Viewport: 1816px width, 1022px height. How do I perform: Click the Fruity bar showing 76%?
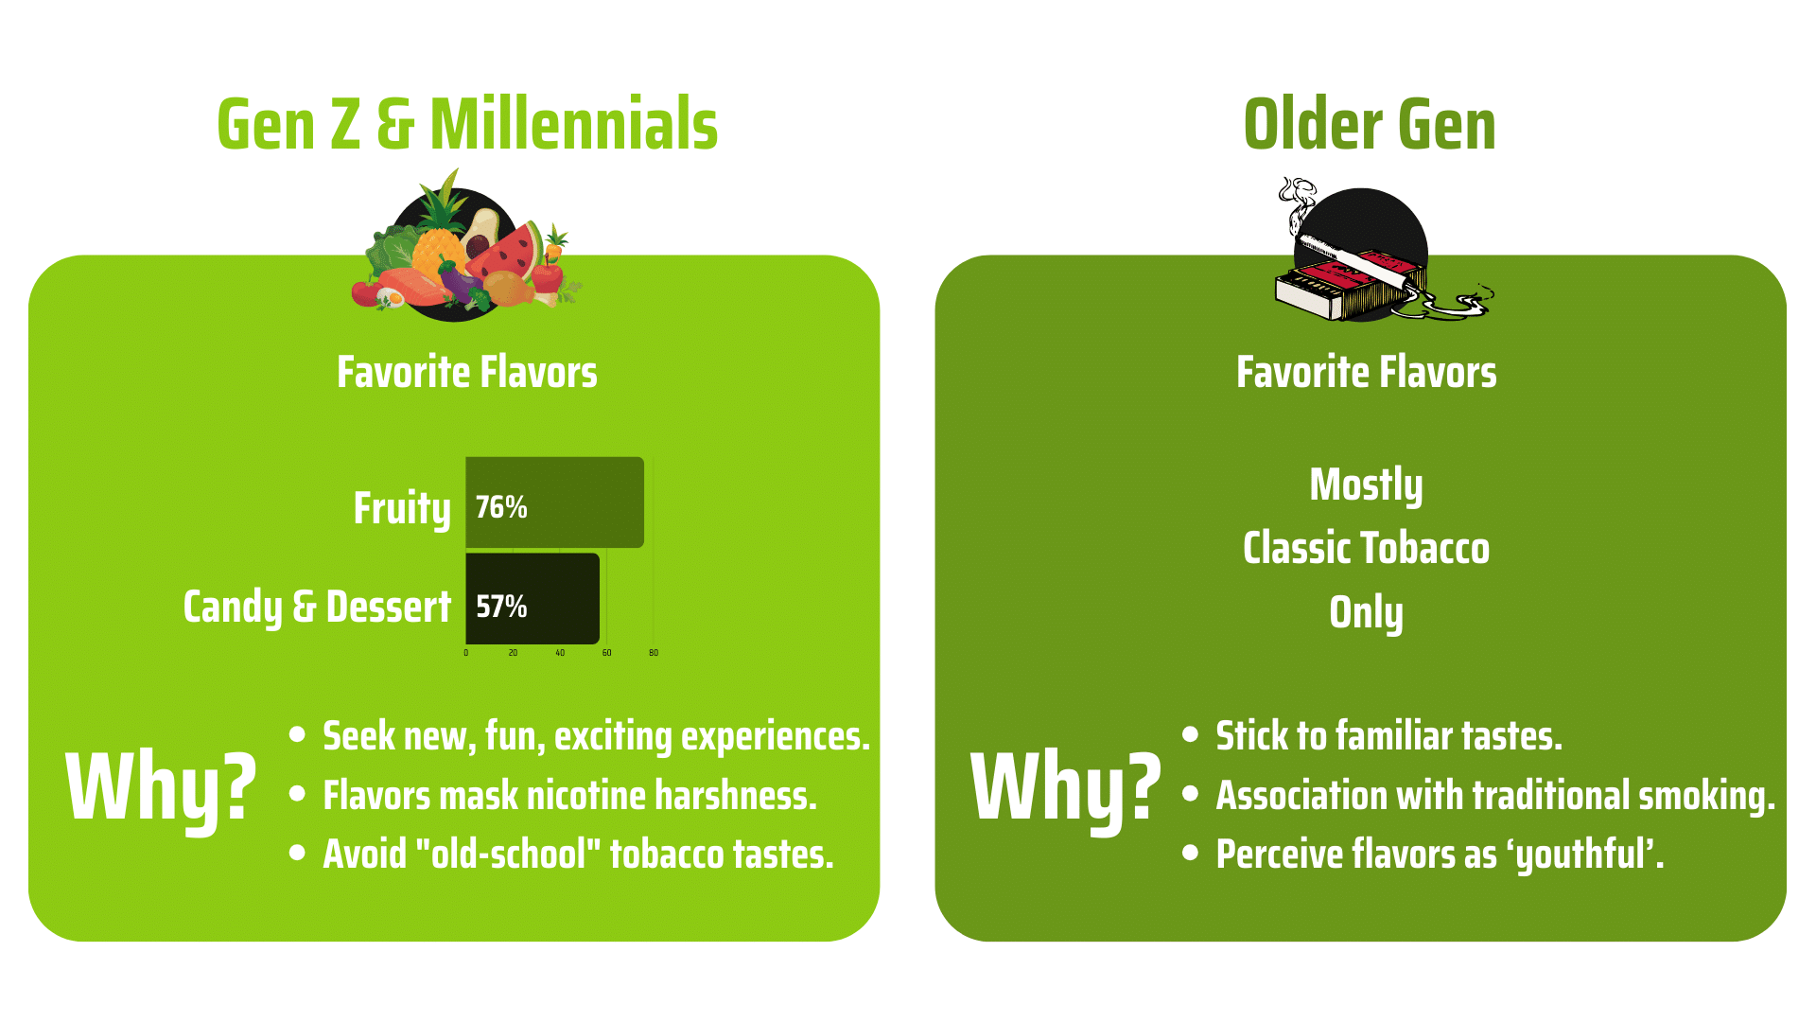pos(554,502)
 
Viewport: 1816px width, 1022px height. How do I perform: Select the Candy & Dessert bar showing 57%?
pos(533,599)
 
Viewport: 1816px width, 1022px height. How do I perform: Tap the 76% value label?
pos(501,507)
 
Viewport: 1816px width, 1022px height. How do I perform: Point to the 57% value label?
pos(501,607)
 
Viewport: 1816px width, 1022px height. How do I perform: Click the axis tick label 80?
pos(654,653)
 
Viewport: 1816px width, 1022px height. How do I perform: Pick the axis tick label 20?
pos(513,653)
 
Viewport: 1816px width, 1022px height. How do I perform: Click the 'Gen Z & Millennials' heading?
pos(467,124)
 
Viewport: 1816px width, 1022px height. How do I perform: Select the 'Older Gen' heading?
pos(1370,124)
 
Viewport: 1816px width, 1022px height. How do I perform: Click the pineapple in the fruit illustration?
pos(437,227)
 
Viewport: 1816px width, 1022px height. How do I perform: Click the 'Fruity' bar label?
pos(402,508)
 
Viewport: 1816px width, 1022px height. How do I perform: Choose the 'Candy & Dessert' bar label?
pos(317,607)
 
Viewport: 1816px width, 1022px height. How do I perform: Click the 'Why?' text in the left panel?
pos(161,787)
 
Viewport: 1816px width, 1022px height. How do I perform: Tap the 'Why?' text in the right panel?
pos(1066,787)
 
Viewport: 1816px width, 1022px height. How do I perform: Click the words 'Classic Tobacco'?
pos(1366,548)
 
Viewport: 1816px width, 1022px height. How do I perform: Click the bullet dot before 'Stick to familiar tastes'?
pos(1191,734)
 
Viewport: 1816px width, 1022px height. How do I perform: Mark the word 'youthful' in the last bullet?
pos(1580,855)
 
